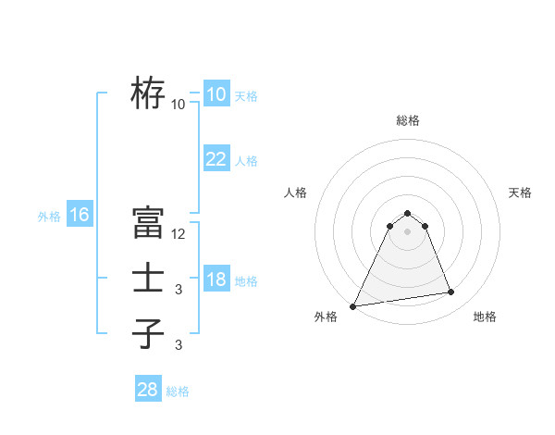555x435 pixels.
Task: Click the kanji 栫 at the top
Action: click(x=148, y=93)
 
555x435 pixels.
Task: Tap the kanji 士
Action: click(x=148, y=279)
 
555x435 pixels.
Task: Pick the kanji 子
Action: click(x=148, y=333)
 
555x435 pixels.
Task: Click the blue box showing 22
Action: click(x=216, y=159)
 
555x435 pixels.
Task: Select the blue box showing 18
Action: click(x=216, y=280)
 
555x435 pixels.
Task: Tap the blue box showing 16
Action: click(x=80, y=215)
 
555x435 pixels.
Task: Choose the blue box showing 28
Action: click(x=148, y=389)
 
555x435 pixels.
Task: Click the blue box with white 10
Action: click(x=216, y=94)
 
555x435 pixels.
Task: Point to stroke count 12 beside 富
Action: click(x=179, y=234)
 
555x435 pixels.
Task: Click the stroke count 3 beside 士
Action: click(x=179, y=290)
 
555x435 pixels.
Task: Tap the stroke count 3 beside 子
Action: click(x=179, y=345)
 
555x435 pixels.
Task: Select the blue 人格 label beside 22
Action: click(x=246, y=161)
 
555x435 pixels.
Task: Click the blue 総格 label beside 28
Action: click(x=178, y=391)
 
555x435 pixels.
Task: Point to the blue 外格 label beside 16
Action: click(x=49, y=217)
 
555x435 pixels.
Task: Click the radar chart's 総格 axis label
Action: click(x=407, y=120)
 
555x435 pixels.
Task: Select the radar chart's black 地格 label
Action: click(x=485, y=317)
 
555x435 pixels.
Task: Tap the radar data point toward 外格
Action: click(x=353, y=305)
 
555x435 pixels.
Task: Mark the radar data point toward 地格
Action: click(x=451, y=292)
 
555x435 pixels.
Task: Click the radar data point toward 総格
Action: click(x=407, y=214)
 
